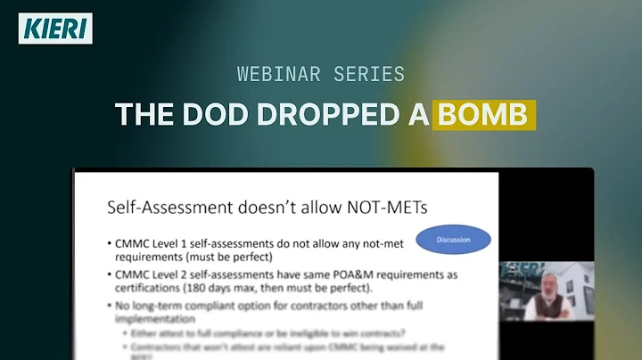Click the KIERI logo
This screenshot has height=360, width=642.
55,29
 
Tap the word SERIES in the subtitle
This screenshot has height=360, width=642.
367,74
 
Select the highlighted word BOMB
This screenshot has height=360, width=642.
486,115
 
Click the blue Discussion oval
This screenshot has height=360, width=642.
453,240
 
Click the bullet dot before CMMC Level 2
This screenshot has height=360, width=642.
107,273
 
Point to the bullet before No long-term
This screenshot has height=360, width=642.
107,307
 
